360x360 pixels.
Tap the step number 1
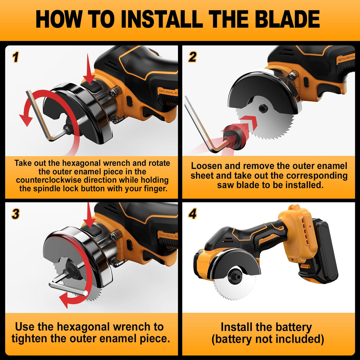click(16, 57)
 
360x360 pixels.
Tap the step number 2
click(192, 57)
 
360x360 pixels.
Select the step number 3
click(16, 214)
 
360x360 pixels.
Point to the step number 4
click(192, 214)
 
